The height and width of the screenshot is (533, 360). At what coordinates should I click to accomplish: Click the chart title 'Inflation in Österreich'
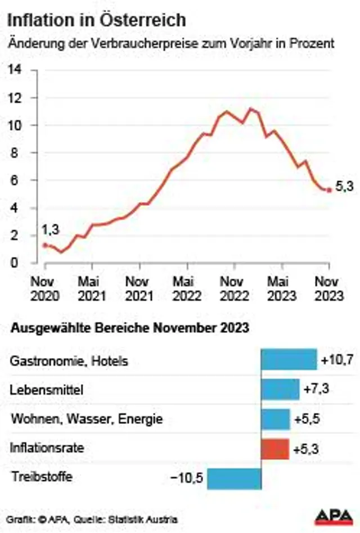(x=96, y=21)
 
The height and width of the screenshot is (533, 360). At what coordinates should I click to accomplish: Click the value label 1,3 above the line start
(x=50, y=229)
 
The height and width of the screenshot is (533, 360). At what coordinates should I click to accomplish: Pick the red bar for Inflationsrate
(x=275, y=449)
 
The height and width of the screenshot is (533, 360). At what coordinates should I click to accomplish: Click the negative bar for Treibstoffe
(x=234, y=478)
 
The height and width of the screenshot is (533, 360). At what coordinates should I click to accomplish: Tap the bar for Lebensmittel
(x=280, y=389)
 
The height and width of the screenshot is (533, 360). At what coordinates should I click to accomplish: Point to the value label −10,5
(x=187, y=478)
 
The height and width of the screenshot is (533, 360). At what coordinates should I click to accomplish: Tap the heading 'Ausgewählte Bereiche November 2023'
(x=129, y=328)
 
